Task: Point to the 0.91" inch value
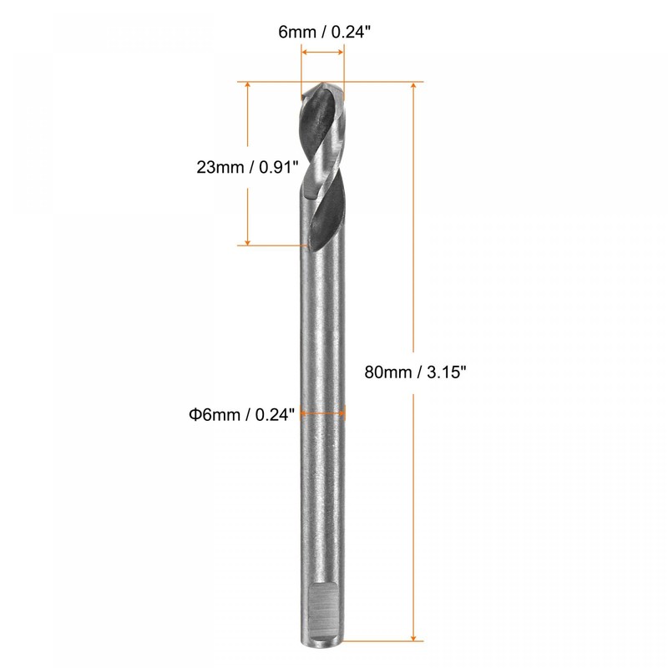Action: (x=277, y=166)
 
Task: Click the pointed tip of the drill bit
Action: (x=323, y=83)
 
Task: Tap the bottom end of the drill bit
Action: (x=322, y=640)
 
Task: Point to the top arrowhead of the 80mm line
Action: (x=413, y=87)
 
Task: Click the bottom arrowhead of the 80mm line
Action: (x=413, y=636)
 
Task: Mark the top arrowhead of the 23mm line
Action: (x=248, y=87)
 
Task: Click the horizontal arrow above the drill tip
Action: (x=322, y=53)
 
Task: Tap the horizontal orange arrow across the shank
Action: (x=322, y=412)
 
